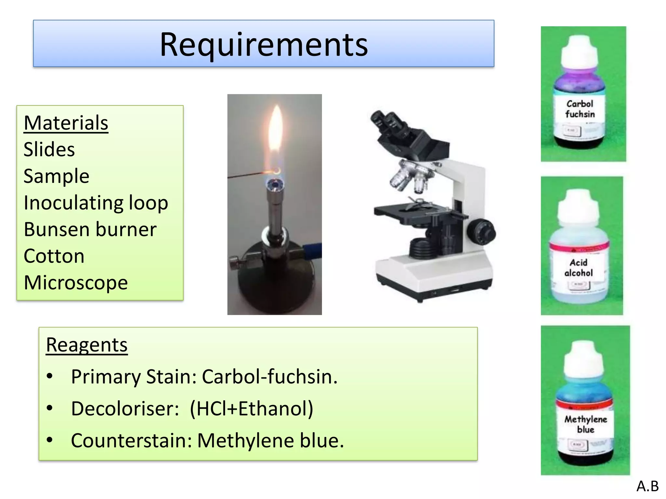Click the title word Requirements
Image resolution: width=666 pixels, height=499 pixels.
coord(263,45)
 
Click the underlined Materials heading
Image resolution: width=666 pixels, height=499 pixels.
coord(66,123)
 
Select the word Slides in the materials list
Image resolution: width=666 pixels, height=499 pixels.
coord(49,150)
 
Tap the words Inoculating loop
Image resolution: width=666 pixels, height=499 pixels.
coord(96,203)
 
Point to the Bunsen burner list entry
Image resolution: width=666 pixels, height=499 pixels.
coord(90,230)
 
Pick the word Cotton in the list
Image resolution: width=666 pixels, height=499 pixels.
coord(54,256)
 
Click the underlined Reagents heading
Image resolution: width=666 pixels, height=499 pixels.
coord(87,345)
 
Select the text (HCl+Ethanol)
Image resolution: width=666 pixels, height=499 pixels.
coord(251,408)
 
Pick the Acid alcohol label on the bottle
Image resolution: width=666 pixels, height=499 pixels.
coord(579,268)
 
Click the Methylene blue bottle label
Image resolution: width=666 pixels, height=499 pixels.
coord(585,424)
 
